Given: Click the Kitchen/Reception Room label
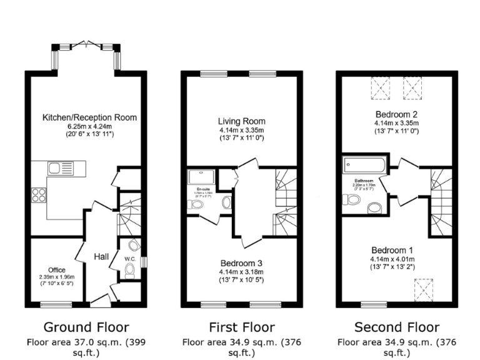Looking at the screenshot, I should [x=89, y=117].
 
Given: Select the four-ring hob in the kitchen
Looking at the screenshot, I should [x=39, y=195].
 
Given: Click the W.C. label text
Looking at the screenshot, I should [x=129, y=258].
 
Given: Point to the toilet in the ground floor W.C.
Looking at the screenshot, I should [x=130, y=270].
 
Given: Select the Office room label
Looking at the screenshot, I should [x=57, y=270].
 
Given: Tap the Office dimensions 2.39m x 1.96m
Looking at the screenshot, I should [x=57, y=277].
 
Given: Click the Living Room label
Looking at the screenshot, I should [x=241, y=121].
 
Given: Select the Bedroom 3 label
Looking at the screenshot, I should [x=241, y=263].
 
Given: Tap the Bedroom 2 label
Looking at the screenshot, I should [x=396, y=114].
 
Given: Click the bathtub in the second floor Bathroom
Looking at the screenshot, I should [x=365, y=166].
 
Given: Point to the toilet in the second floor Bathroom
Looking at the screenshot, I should [x=352, y=200].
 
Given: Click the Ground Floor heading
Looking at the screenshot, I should [x=86, y=327].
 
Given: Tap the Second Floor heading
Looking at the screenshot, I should [x=396, y=327].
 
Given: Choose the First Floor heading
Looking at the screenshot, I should [x=241, y=327].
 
